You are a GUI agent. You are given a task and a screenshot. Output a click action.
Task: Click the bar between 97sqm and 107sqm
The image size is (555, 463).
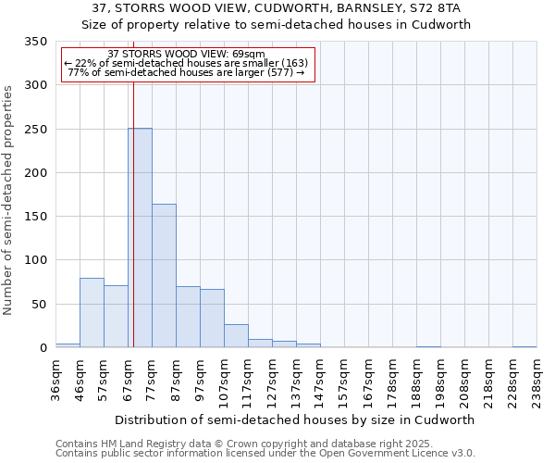212,319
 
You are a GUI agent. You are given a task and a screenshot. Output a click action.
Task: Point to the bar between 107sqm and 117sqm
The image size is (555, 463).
236,336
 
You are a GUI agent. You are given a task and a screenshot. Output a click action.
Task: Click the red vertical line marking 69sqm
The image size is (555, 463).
133,185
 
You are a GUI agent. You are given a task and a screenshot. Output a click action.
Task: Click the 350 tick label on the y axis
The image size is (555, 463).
35,42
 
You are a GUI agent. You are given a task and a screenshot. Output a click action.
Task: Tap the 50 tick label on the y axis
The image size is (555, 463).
39,304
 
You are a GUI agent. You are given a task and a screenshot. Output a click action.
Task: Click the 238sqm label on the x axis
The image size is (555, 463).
536,381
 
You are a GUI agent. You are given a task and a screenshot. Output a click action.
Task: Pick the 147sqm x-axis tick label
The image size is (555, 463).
320,381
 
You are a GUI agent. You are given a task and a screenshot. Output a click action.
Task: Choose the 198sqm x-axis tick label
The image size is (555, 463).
440,381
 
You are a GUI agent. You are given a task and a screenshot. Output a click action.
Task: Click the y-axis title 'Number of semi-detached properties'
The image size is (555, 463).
9,200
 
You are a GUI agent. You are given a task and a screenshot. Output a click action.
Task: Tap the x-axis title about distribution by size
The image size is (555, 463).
296,419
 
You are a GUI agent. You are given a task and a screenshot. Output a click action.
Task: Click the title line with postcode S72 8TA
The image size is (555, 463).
277,8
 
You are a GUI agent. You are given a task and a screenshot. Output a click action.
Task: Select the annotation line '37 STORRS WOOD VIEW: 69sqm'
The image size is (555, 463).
187,54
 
